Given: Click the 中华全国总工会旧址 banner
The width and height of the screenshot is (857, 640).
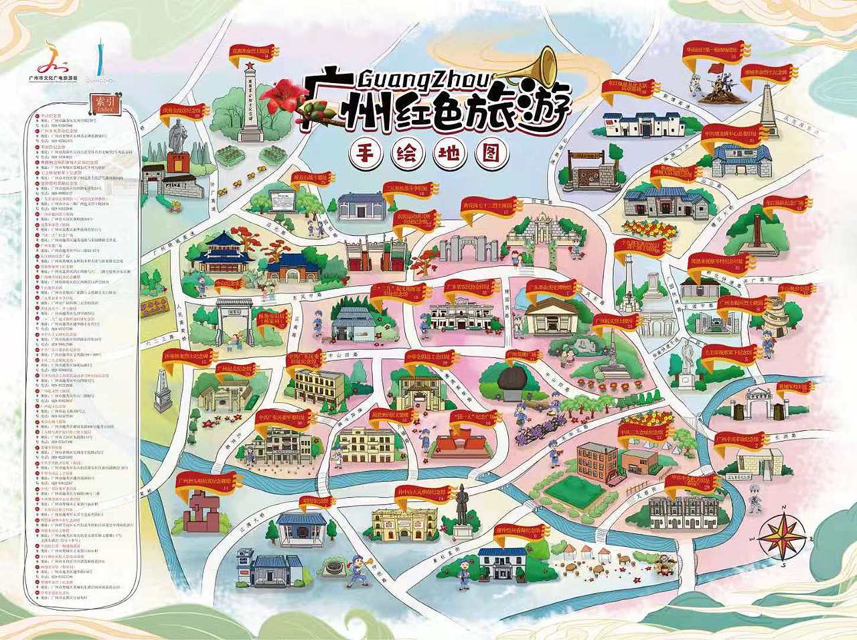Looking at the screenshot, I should [429, 355].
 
